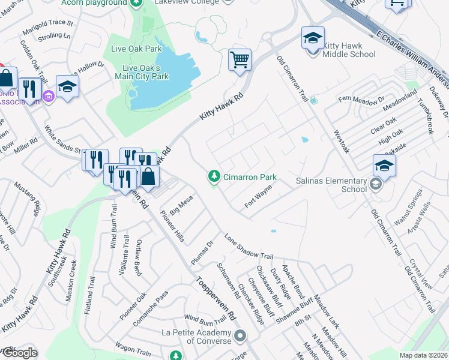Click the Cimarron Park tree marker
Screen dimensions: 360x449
click(213, 177)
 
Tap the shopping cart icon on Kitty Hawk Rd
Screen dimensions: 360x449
click(240, 60)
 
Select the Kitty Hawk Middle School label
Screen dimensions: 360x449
click(349, 50)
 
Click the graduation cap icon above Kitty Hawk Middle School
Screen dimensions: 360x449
click(313, 38)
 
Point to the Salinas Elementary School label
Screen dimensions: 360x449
click(331, 185)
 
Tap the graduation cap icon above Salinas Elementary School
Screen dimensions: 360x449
click(384, 166)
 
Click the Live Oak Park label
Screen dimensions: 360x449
click(136, 49)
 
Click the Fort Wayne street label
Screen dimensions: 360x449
click(258, 197)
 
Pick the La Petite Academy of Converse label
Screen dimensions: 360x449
click(196, 337)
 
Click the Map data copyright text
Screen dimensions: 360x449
click(423, 355)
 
